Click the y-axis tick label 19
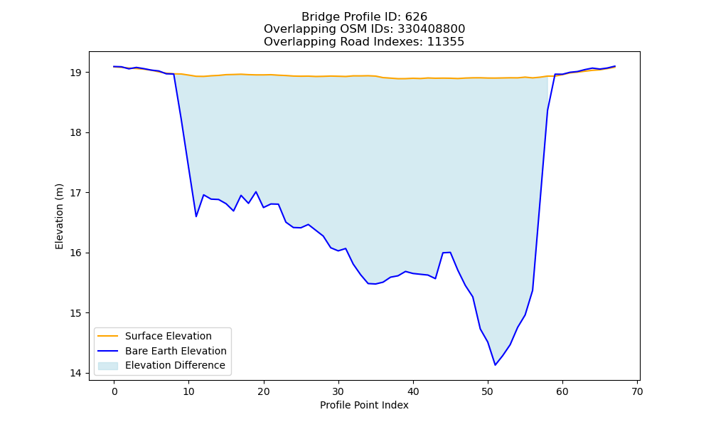pyautogui.click(x=76, y=73)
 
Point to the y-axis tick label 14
pyautogui.click(x=76, y=373)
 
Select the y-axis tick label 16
pyautogui.click(x=76, y=253)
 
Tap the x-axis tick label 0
pyautogui.click(x=114, y=391)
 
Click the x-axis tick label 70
pyautogui.click(x=637, y=391)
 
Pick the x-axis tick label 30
pyautogui.click(x=338, y=391)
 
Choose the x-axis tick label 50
pyautogui.click(x=488, y=391)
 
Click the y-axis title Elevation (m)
pyautogui.click(x=59, y=216)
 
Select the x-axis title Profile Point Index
pyautogui.click(x=364, y=405)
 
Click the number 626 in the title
pyautogui.click(x=417, y=17)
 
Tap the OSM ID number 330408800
pyautogui.click(x=432, y=29)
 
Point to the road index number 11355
pyautogui.click(x=446, y=42)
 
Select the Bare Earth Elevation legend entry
pyautogui.click(x=162, y=351)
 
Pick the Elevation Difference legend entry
pyautogui.click(x=161, y=365)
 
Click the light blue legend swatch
pyautogui.click(x=108, y=366)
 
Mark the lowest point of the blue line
pyautogui.click(x=495, y=365)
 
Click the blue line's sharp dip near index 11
pyautogui.click(x=196, y=216)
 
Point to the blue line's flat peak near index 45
pyautogui.click(x=447, y=253)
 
